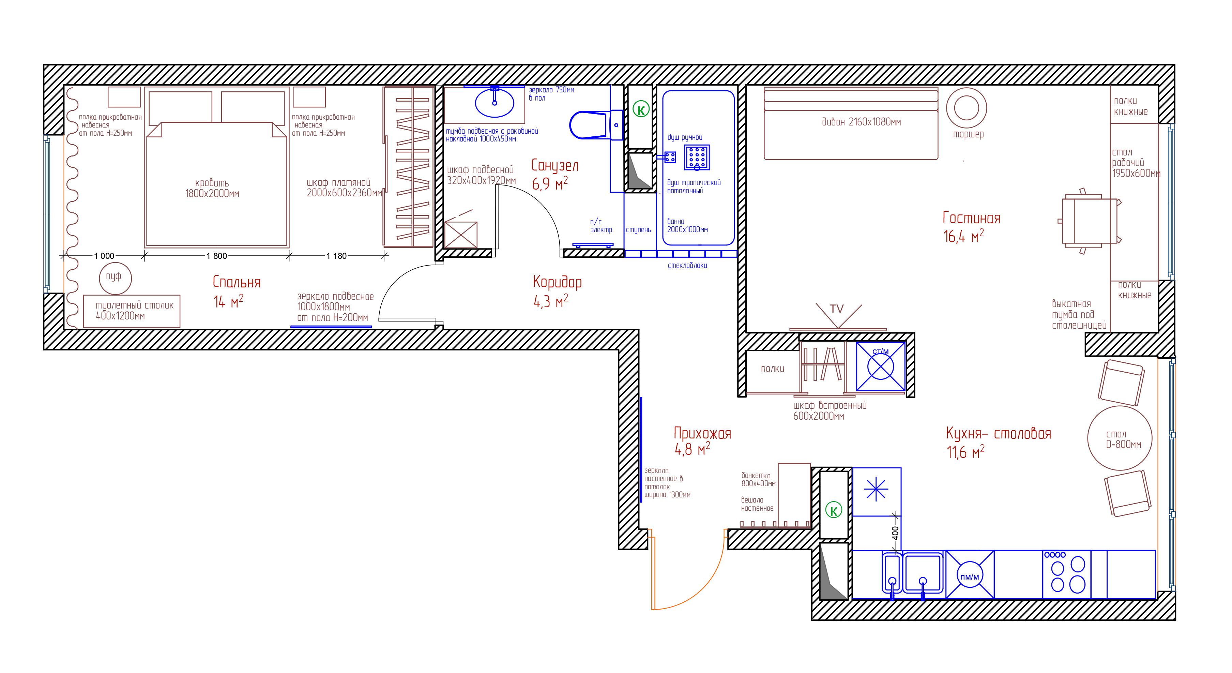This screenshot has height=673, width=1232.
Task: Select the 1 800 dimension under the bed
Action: (217, 256)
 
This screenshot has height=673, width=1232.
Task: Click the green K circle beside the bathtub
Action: (641, 109)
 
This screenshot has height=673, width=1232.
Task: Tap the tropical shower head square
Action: (697, 158)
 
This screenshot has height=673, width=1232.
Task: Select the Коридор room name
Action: (557, 282)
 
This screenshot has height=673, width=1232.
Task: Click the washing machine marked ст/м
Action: (881, 367)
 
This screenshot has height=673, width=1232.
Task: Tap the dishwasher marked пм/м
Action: (970, 574)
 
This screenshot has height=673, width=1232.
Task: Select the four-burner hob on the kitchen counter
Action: (1066, 574)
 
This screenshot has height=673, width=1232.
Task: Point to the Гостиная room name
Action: (971, 218)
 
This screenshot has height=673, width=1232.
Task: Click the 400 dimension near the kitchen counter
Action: (895, 533)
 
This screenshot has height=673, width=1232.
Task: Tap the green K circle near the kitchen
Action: (834, 510)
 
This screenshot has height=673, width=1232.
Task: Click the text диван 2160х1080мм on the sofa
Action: (861, 122)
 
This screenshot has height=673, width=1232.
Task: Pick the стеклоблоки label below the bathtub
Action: (687, 266)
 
